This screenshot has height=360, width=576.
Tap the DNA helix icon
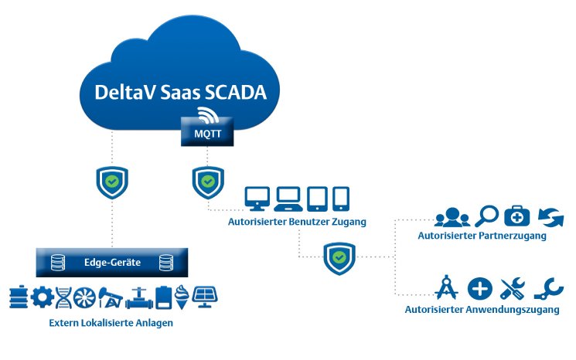(x=64, y=297)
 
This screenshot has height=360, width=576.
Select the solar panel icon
(x=205, y=297)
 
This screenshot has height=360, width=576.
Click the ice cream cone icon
(x=183, y=297)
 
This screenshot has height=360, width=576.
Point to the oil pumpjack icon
(x=114, y=297)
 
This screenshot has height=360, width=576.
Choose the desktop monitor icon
(x=257, y=199)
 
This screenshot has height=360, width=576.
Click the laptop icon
(x=288, y=199)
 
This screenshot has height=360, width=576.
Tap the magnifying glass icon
(x=488, y=216)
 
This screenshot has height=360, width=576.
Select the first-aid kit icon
(x=516, y=216)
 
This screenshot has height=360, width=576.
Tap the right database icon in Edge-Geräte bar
(x=165, y=263)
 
